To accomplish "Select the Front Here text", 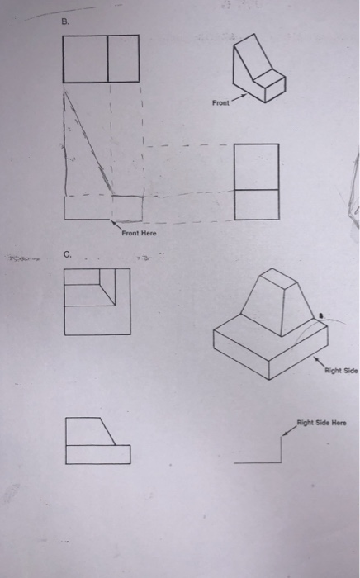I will click(x=139, y=234).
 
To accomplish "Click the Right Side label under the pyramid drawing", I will click(x=340, y=371).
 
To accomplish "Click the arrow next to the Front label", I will click(x=237, y=102).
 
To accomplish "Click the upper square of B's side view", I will click(x=257, y=166).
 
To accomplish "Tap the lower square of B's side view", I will click(x=257, y=204).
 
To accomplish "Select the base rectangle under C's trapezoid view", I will click(x=97, y=454).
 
